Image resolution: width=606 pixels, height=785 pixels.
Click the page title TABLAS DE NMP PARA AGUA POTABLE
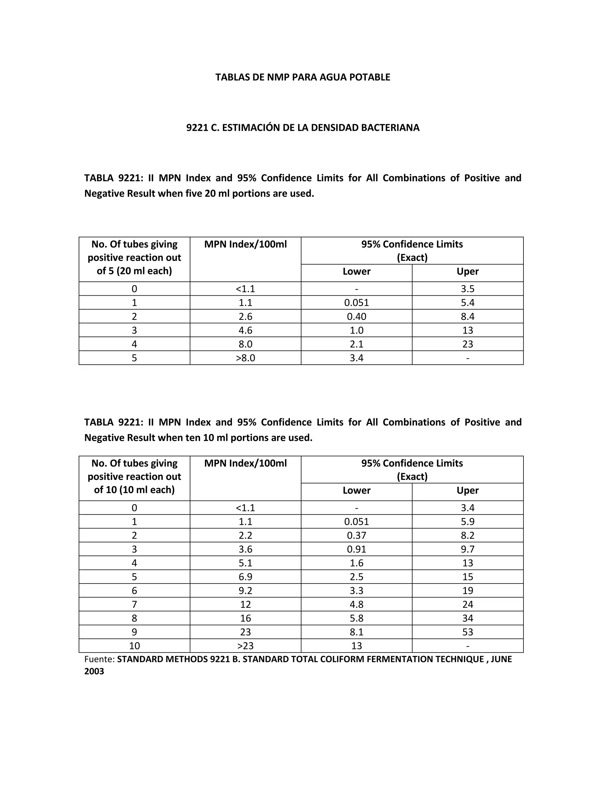click(303, 77)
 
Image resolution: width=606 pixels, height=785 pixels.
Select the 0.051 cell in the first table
click(356, 303)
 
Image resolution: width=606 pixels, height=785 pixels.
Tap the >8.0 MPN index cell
click(245, 358)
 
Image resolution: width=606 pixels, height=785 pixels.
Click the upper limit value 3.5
click(468, 289)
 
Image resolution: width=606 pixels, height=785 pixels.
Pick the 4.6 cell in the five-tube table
click(245, 330)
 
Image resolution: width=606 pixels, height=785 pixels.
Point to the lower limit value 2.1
click(356, 344)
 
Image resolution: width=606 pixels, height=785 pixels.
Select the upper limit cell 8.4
click(468, 317)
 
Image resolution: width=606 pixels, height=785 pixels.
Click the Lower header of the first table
click(356, 271)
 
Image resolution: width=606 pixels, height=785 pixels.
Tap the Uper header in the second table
click(468, 490)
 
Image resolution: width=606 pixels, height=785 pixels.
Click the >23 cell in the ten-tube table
click(245, 646)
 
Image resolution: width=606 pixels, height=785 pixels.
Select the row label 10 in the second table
click(134, 646)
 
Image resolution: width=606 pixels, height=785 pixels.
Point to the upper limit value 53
click(468, 632)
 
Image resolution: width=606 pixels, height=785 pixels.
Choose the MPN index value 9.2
click(245, 591)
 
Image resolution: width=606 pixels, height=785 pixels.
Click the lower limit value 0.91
click(356, 549)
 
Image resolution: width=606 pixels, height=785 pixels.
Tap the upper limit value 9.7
click(468, 549)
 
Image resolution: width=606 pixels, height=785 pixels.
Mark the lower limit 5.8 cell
click(356, 618)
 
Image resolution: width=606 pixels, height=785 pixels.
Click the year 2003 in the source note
click(94, 672)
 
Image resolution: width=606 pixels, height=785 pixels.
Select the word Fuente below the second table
click(99, 659)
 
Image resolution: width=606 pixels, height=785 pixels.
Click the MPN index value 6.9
click(245, 577)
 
